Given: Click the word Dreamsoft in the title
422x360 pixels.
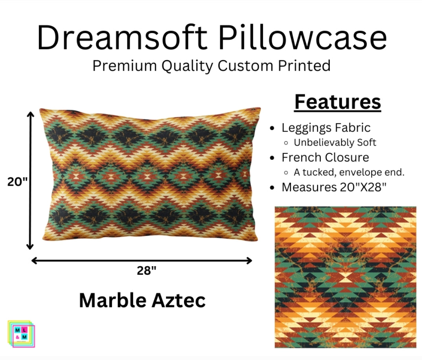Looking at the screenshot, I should click(x=122, y=38).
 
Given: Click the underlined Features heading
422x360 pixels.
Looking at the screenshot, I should click(x=338, y=102).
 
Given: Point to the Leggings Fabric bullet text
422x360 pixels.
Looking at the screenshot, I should click(x=326, y=128).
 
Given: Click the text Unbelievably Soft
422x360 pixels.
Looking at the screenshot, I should click(x=335, y=143).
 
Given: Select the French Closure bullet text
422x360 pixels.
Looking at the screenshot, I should click(x=325, y=157).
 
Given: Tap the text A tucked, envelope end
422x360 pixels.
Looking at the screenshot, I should click(x=349, y=172).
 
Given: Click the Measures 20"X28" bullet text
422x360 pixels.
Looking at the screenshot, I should click(x=334, y=187).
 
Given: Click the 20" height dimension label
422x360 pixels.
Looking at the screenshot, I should click(x=17, y=182).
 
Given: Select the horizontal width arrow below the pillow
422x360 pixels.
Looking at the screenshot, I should click(x=141, y=260).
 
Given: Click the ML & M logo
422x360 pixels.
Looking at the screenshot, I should click(x=21, y=334).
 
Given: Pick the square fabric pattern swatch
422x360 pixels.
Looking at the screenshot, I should click(x=345, y=277).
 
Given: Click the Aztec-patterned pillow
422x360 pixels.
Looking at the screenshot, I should click(x=150, y=174).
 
